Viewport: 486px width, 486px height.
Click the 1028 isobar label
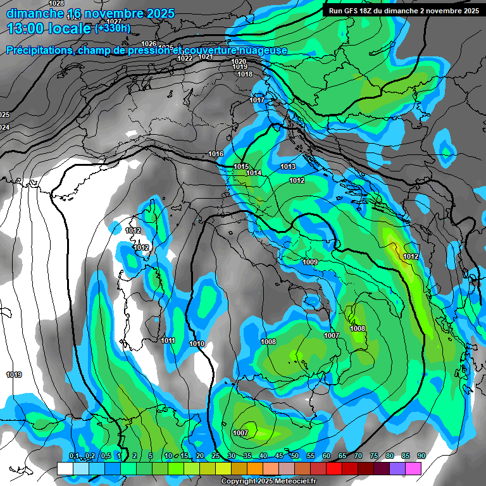56,4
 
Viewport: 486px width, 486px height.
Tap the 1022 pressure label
185,58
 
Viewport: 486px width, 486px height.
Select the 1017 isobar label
256,100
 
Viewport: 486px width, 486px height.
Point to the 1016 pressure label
216,154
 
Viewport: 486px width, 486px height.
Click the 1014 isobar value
254,173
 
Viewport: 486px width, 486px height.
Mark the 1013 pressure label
288,166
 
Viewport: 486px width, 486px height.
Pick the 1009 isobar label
310,262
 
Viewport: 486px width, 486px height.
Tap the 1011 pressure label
168,340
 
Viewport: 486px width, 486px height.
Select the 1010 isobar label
197,344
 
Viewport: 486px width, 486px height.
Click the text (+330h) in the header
113,28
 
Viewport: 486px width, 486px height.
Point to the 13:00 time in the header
32,28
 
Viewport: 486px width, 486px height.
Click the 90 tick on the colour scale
421,456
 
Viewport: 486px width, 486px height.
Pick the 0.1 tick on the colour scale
73,456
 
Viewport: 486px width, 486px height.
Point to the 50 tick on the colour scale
295,456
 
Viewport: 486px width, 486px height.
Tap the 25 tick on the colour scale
216,456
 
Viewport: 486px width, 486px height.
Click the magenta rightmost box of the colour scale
414,468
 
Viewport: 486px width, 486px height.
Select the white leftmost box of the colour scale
65,468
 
